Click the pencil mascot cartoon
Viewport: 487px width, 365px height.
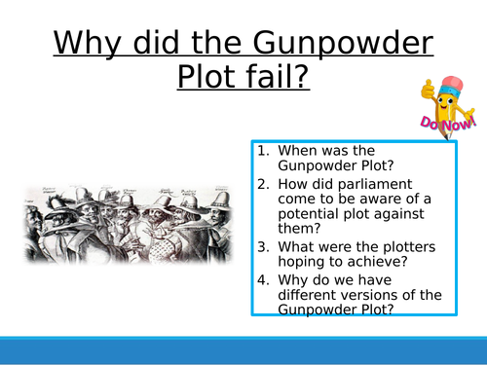tap(443, 97)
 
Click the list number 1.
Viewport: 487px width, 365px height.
tap(264, 151)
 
